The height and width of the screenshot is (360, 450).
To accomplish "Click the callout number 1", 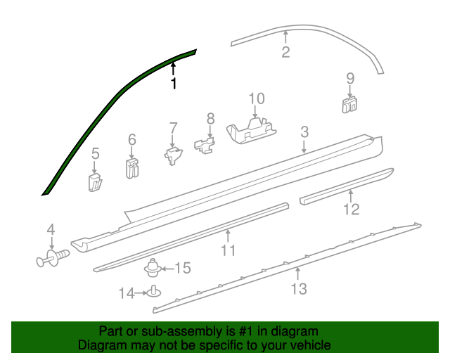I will tap(174, 84).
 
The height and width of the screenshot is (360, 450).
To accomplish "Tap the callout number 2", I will tap(285, 52).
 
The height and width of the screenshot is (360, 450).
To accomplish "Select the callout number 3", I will tap(304, 131).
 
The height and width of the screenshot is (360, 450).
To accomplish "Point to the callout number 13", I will tap(299, 288).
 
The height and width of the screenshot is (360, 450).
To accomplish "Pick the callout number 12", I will tap(351, 209).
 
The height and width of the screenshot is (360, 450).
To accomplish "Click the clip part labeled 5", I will tap(96, 182).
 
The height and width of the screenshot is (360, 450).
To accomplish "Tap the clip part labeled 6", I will tap(131, 168).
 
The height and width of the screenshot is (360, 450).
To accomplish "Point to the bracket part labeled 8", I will tap(205, 146).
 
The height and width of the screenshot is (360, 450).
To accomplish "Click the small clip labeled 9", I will tap(349, 105).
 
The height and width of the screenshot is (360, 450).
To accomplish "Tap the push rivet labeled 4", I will tap(51, 259).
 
